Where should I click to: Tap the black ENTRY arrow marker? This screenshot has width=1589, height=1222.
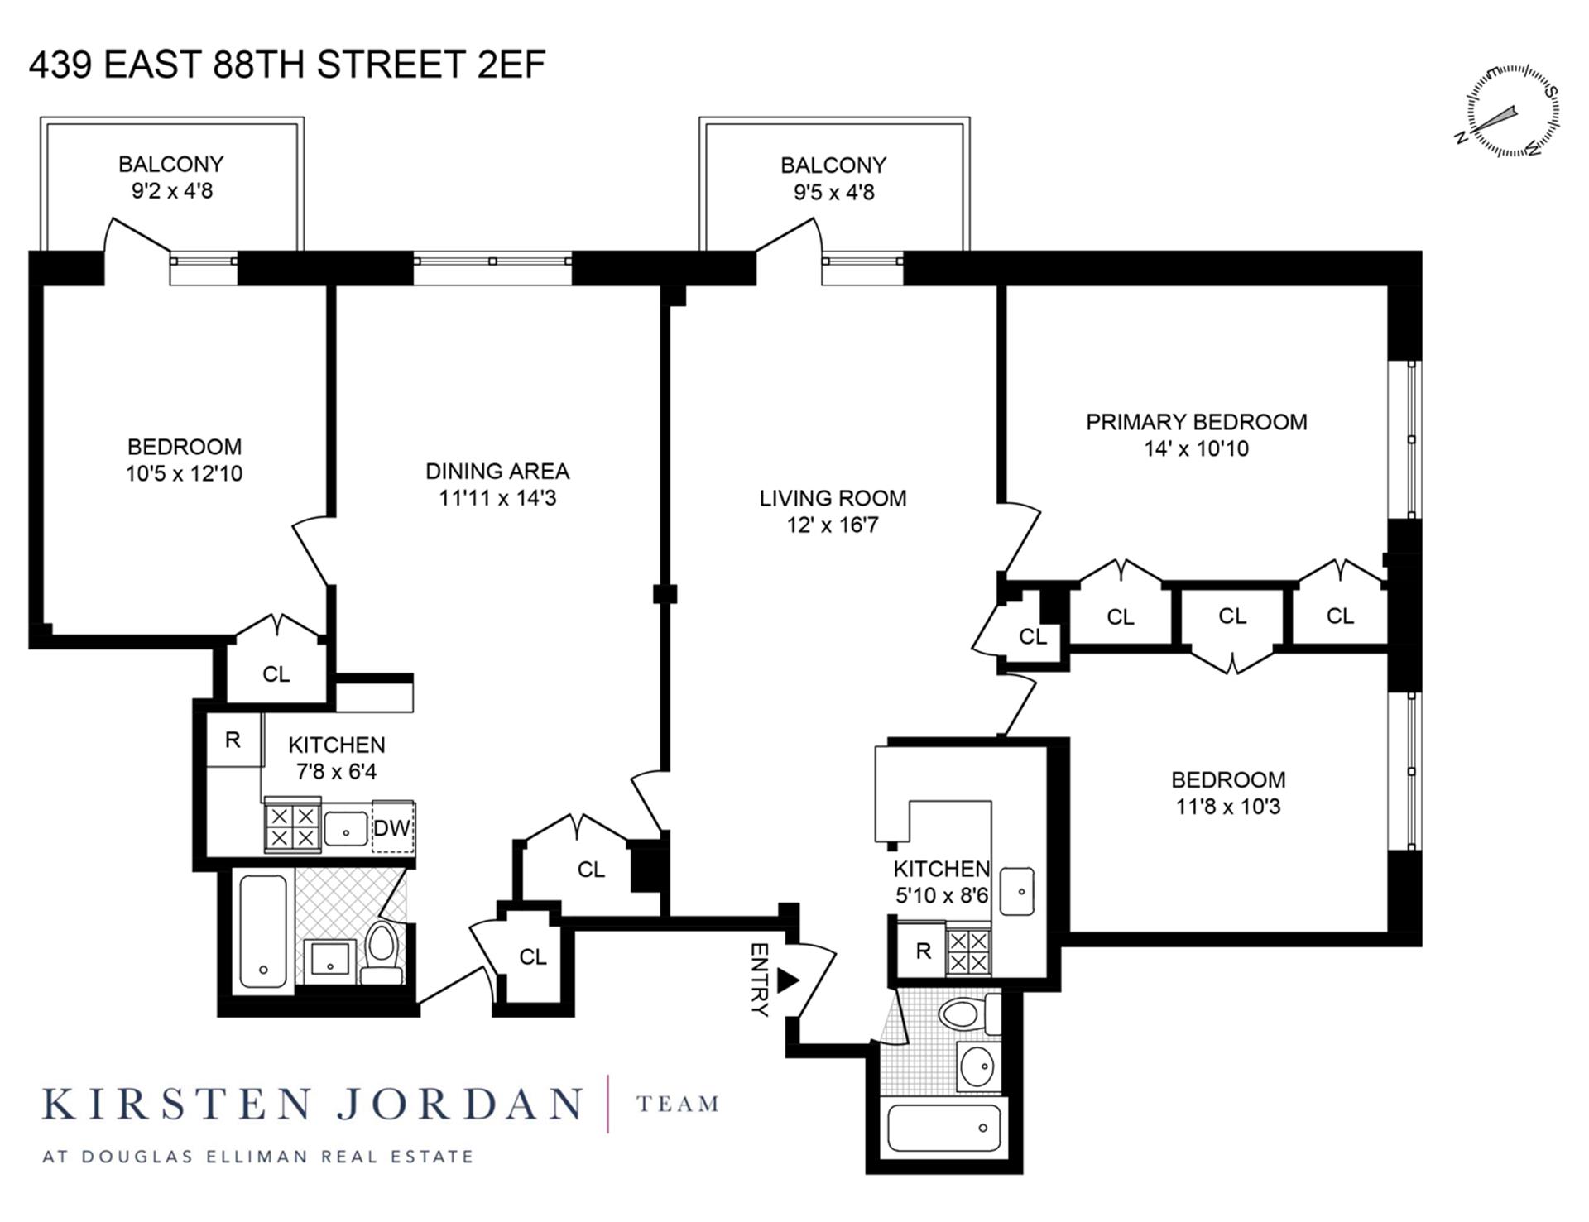pyautogui.click(x=787, y=981)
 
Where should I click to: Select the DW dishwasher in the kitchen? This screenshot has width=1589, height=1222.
pyautogui.click(x=392, y=827)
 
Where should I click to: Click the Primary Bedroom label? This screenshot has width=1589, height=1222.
pyautogui.click(x=1196, y=422)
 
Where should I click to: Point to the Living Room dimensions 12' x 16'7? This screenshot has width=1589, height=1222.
pyautogui.click(x=832, y=525)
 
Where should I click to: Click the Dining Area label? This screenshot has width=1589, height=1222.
pyautogui.click(x=497, y=471)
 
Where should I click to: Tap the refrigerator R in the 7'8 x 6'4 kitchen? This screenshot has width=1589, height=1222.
pyautogui.click(x=233, y=739)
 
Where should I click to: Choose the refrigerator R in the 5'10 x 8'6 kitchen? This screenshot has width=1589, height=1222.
pyautogui.click(x=923, y=951)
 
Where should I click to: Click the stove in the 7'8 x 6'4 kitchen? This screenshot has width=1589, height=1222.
pyautogui.click(x=291, y=827)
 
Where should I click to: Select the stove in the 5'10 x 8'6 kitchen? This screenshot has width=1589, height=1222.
pyautogui.click(x=967, y=951)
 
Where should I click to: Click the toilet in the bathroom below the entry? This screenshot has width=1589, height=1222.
pyautogui.click(x=963, y=1014)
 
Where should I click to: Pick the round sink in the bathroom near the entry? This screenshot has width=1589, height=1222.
pyautogui.click(x=978, y=1066)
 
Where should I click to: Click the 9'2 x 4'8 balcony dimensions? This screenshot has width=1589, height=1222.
pyautogui.click(x=171, y=191)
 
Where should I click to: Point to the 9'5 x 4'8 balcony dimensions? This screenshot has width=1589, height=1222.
pyautogui.click(x=833, y=193)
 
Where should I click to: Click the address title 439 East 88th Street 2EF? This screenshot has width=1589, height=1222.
pyautogui.click(x=287, y=65)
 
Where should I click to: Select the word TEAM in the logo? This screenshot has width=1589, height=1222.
pyautogui.click(x=677, y=1105)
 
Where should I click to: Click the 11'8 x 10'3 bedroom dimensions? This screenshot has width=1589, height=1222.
pyautogui.click(x=1227, y=807)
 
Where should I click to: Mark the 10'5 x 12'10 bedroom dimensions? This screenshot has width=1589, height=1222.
pyautogui.click(x=184, y=473)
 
